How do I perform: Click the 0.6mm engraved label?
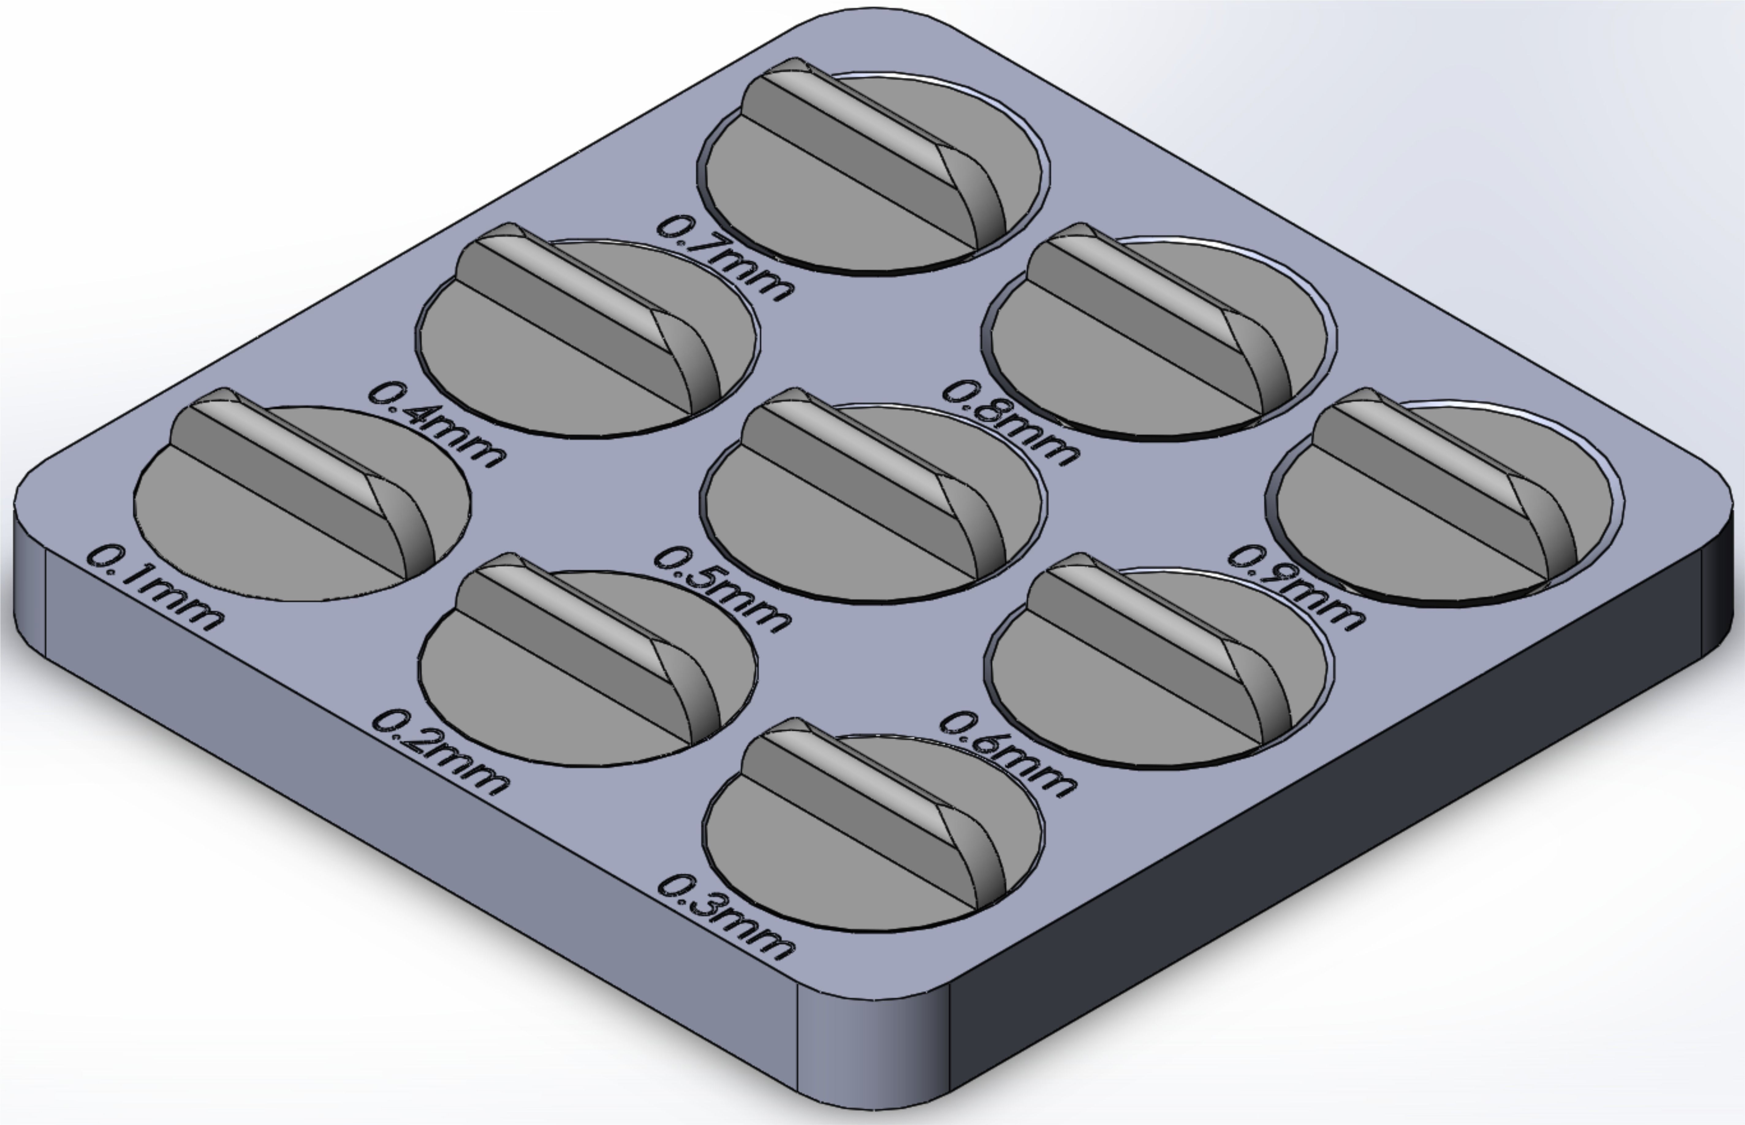1007,754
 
